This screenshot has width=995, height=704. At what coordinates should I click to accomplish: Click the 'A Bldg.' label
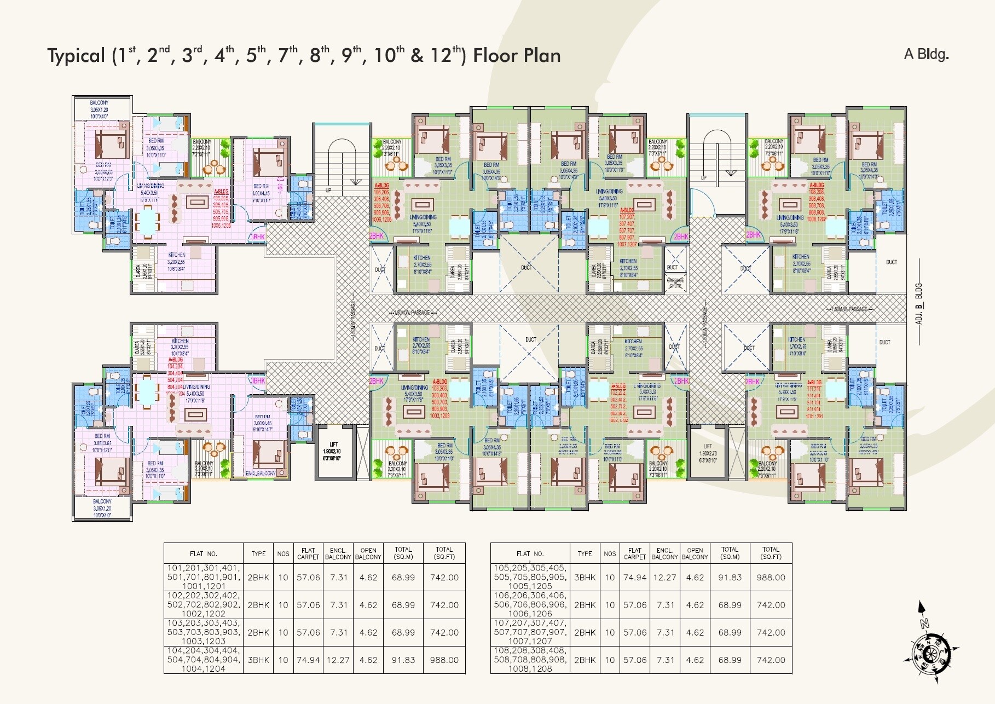[926, 54]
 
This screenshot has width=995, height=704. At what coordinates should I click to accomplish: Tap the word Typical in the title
[76, 56]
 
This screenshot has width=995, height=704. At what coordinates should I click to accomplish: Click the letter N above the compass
[924, 622]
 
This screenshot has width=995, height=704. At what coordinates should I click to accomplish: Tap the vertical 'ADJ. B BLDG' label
[919, 303]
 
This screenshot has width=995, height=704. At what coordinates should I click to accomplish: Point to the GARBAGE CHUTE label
[675, 282]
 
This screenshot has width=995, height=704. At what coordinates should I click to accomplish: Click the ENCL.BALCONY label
[261, 473]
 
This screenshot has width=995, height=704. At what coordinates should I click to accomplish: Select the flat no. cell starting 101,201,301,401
[203, 577]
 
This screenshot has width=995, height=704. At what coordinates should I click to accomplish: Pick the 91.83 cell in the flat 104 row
[403, 660]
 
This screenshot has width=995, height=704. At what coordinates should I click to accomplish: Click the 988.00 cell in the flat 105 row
[771, 577]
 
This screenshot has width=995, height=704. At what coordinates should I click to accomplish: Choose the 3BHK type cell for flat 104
[258, 660]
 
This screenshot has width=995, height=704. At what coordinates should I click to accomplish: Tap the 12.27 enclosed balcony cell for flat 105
[665, 577]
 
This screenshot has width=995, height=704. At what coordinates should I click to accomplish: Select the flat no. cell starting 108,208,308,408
[530, 660]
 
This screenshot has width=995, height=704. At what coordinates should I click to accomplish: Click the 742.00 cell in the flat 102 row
[444, 604]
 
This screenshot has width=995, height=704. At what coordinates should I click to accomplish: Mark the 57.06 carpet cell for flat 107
[635, 632]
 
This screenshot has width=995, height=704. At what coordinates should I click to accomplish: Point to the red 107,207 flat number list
[627, 227]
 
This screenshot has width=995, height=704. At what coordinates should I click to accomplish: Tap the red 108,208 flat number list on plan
[817, 202]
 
